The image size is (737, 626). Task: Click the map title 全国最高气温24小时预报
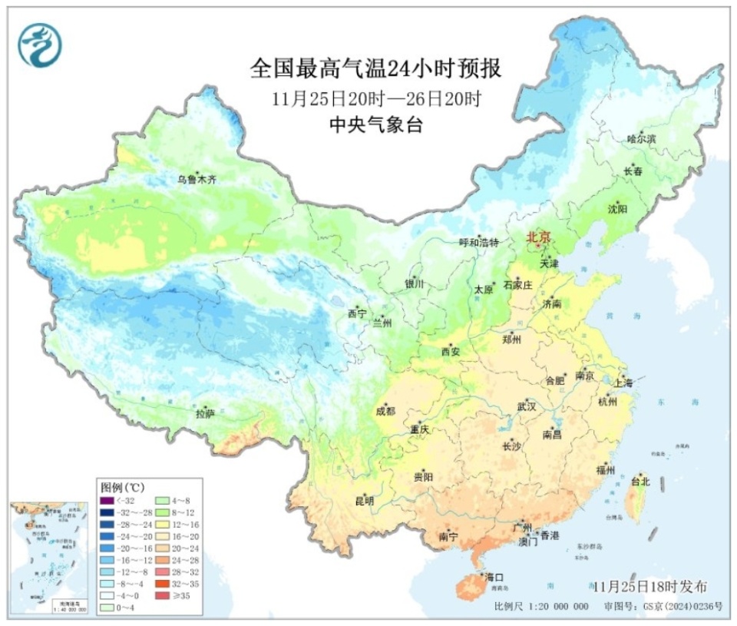click(x=375, y=69)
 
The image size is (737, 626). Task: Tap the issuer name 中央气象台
click(x=375, y=125)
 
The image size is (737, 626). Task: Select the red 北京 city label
click(x=538, y=238)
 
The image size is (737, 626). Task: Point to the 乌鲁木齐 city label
click(x=197, y=180)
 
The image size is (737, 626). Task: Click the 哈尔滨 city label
click(x=642, y=139)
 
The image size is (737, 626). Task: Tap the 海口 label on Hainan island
click(x=494, y=576)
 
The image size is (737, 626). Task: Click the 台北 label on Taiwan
click(x=640, y=482)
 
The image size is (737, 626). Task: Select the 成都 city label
click(x=386, y=411)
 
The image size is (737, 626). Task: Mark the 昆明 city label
click(x=364, y=501)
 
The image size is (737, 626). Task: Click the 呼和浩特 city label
click(x=479, y=243)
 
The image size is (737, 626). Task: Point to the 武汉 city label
click(x=527, y=406)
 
